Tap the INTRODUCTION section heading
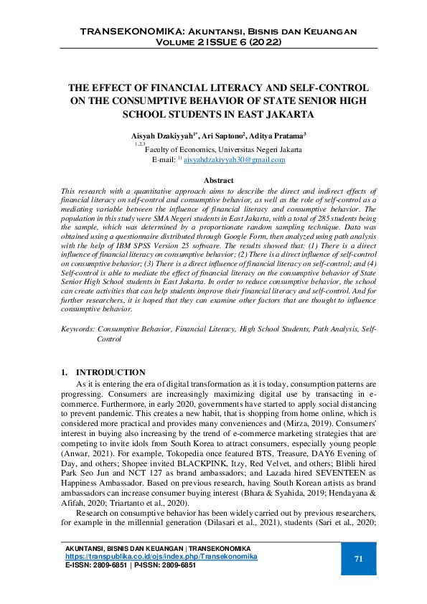111,372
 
